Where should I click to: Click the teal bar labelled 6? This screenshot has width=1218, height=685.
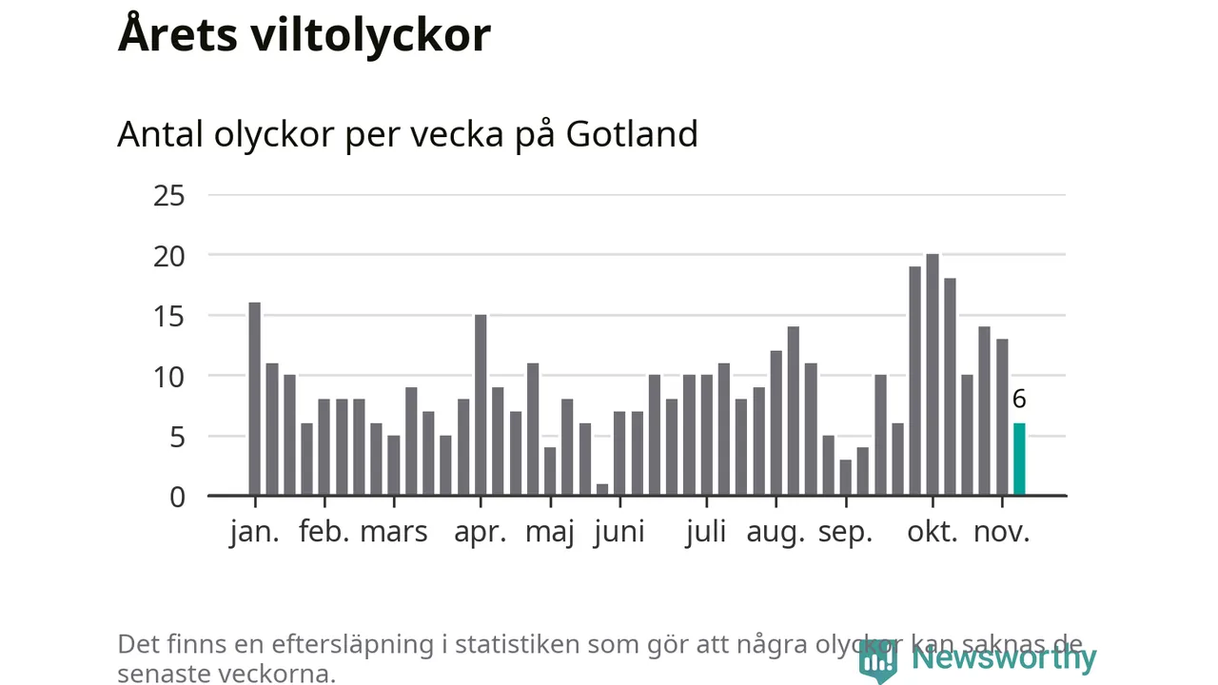pyautogui.click(x=1019, y=460)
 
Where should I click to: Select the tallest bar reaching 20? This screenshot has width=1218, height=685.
pyautogui.click(x=933, y=375)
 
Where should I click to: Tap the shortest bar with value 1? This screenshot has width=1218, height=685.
pyautogui.click(x=602, y=490)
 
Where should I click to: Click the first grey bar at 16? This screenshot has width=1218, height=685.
pyautogui.click(x=254, y=399)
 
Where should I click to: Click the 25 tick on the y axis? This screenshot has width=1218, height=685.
pyautogui.click(x=168, y=196)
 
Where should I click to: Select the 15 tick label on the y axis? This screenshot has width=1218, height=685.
pyautogui.click(x=168, y=316)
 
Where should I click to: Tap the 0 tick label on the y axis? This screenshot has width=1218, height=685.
pyautogui.click(x=177, y=497)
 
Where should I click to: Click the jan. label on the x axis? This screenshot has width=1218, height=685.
pyautogui.click(x=255, y=532)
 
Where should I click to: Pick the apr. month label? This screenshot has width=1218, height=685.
pyautogui.click(x=481, y=532)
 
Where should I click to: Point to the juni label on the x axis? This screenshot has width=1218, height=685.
pyautogui.click(x=619, y=532)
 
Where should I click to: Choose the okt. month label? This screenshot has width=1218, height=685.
pyautogui.click(x=933, y=532)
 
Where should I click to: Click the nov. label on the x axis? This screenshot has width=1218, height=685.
pyautogui.click(x=1001, y=532)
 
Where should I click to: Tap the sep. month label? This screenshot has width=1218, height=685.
pyautogui.click(x=845, y=532)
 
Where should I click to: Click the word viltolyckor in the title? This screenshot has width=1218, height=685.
pyautogui.click(x=371, y=35)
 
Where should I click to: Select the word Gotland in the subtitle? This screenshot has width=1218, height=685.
pyautogui.click(x=632, y=134)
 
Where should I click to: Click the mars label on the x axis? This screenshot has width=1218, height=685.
pyautogui.click(x=394, y=532)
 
